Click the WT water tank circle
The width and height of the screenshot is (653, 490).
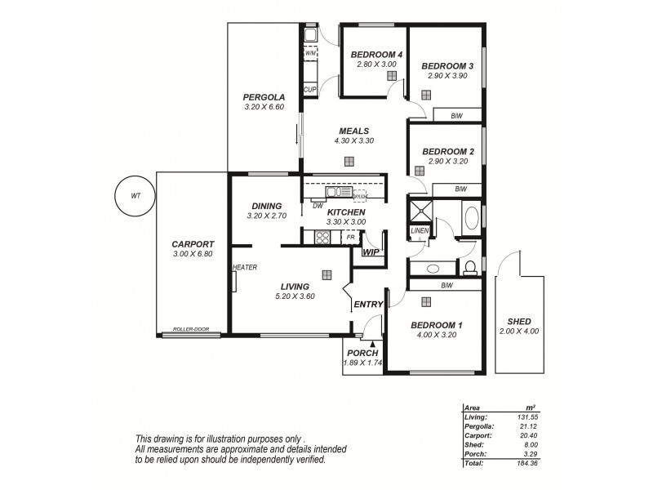pyautogui.click(x=135, y=196)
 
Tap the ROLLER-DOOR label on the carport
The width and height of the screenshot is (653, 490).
pyautogui.click(x=190, y=329)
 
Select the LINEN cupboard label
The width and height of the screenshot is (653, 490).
pyautogui.click(x=420, y=231)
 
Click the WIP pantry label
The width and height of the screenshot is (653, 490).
pyautogui.click(x=371, y=252)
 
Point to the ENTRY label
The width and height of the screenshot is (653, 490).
pyautogui.click(x=368, y=305)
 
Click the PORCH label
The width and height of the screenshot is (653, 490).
pyautogui.click(x=362, y=354)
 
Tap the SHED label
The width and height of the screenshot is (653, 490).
pyautogui.click(x=519, y=321)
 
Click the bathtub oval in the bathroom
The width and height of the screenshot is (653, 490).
pyautogui.click(x=472, y=219)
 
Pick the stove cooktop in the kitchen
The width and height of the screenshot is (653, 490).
pyautogui.click(x=322, y=238)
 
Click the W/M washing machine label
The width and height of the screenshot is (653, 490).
pyautogui.click(x=310, y=53)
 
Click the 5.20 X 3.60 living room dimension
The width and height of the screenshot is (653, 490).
pyautogui.click(x=295, y=296)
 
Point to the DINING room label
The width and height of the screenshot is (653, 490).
pyautogui.click(x=267, y=206)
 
